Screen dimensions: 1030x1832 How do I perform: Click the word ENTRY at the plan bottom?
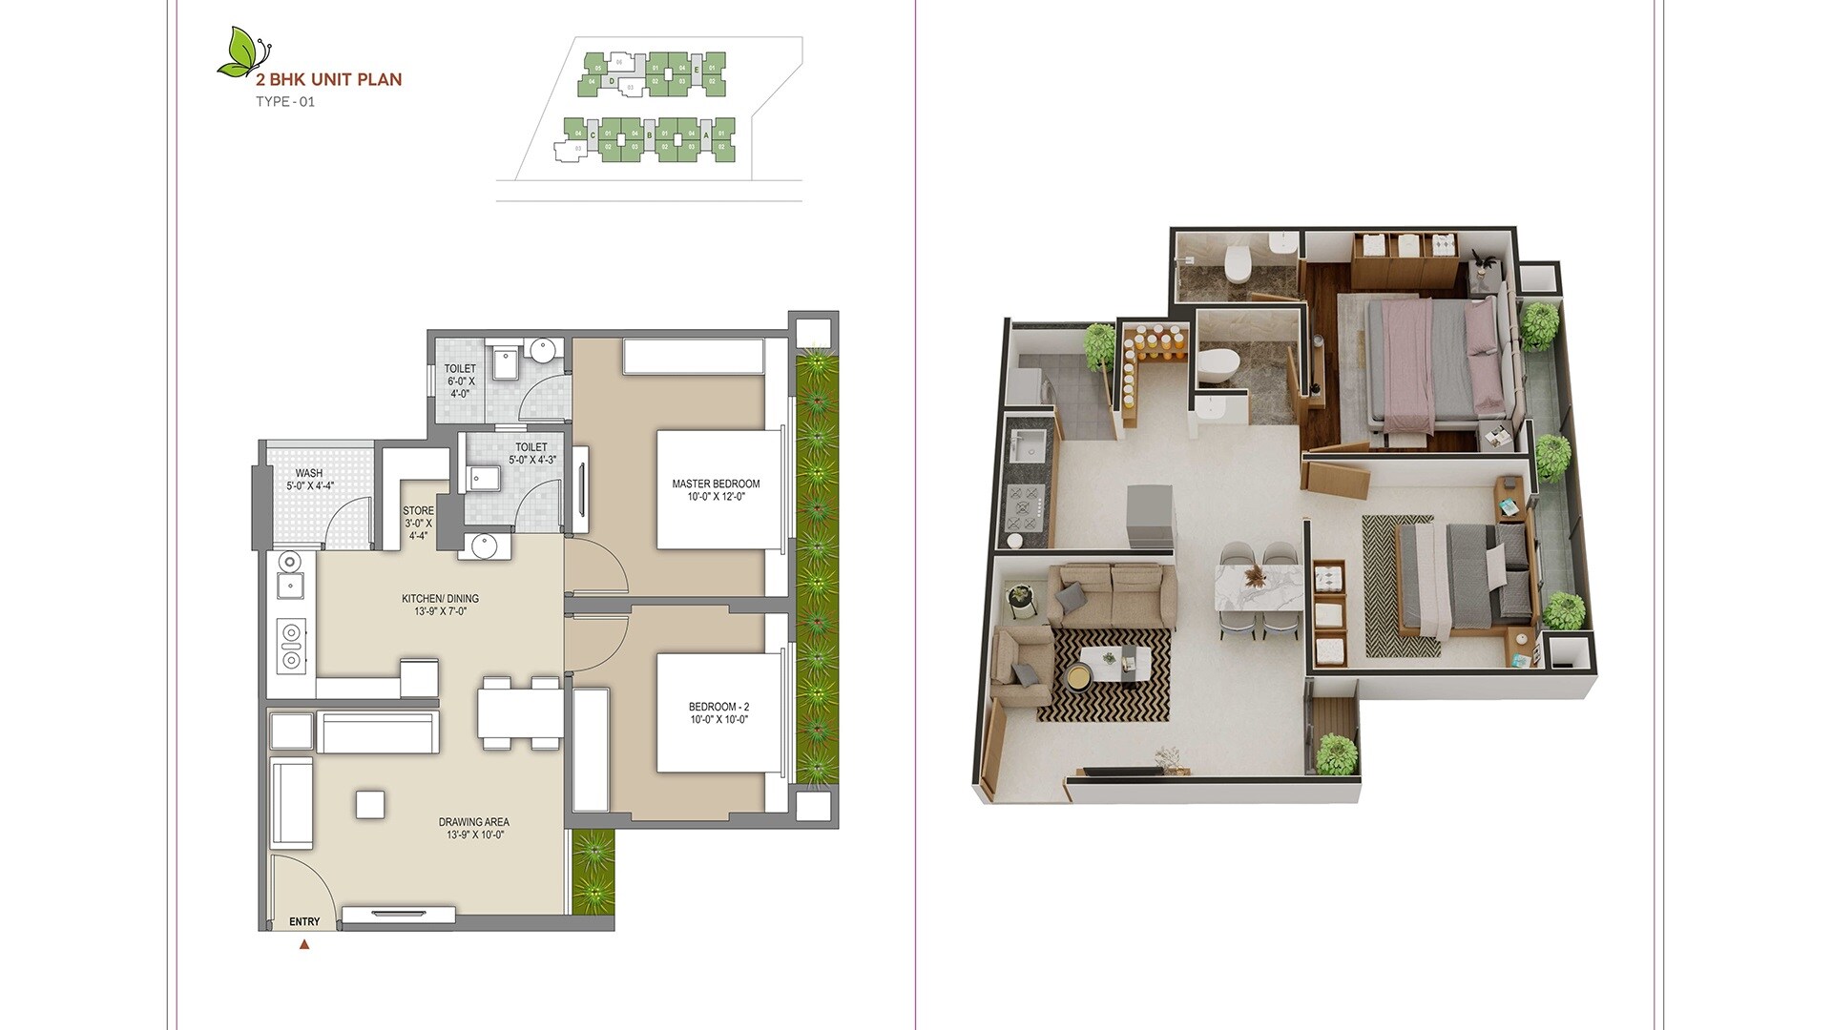[304, 921]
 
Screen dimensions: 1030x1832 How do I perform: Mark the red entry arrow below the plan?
[304, 945]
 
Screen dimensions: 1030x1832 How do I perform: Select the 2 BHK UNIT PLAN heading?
[328, 80]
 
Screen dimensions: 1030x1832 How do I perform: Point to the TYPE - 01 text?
[284, 102]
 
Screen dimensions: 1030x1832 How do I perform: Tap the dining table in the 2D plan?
[520, 712]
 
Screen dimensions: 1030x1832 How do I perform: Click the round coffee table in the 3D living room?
[1079, 676]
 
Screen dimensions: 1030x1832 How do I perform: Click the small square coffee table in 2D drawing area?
[370, 804]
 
